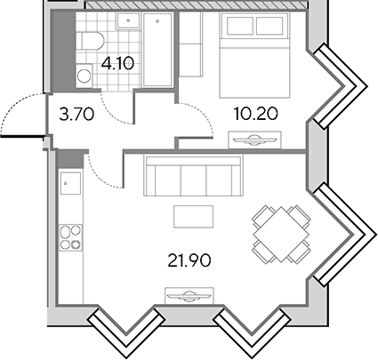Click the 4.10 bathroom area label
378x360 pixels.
[x=117, y=63]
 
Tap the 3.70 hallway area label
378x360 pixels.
[x=76, y=115]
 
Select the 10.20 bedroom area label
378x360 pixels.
[x=255, y=114]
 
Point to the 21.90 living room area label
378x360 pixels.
[x=189, y=260]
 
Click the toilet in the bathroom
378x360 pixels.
[x=90, y=41]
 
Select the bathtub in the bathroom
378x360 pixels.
[x=157, y=50]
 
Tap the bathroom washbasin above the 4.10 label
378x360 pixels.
[x=128, y=20]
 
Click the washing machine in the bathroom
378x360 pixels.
[x=84, y=76]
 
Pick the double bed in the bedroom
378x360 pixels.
[x=254, y=55]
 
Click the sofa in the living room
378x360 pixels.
[x=193, y=175]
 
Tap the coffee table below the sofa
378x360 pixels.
[x=193, y=217]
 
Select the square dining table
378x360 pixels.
[x=281, y=235]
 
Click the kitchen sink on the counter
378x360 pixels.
[x=70, y=183]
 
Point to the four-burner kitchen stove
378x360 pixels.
[x=70, y=237]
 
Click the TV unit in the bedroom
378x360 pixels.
[x=254, y=140]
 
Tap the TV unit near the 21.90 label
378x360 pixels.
[x=189, y=295]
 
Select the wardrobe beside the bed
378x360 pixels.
[x=190, y=44]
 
